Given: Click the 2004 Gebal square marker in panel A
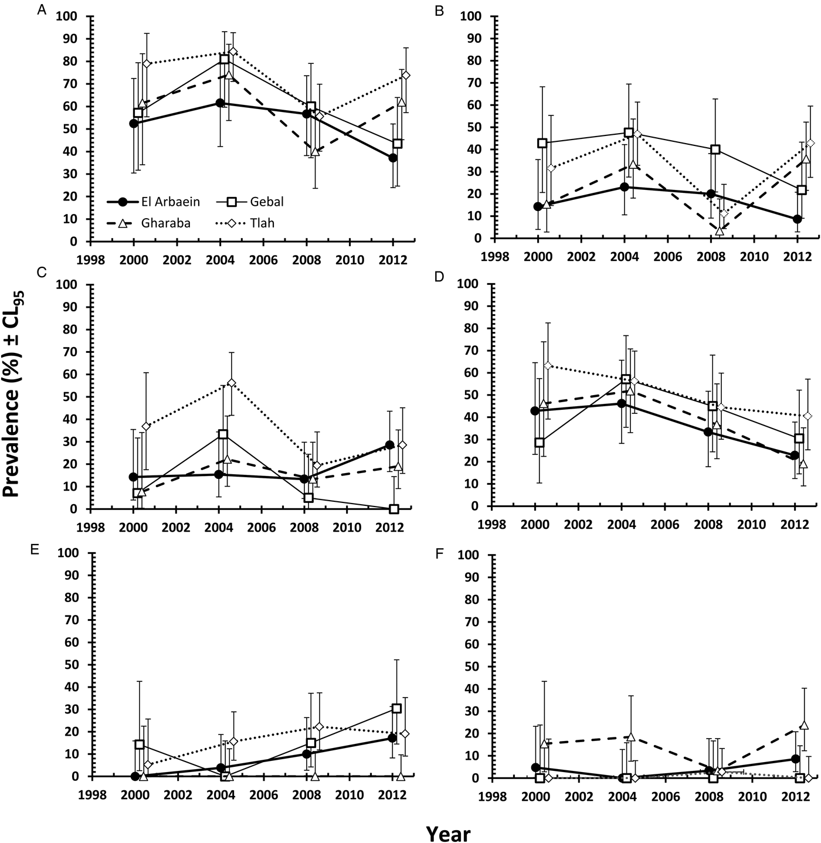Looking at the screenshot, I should click(x=224, y=59).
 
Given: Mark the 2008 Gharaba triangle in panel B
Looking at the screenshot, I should click(x=720, y=231).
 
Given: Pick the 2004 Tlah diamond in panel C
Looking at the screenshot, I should click(x=232, y=383).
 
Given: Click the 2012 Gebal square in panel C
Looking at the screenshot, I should click(x=394, y=509).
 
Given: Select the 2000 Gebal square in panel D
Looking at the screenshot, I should click(x=540, y=443).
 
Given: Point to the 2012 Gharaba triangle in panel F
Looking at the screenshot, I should click(x=804, y=725).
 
